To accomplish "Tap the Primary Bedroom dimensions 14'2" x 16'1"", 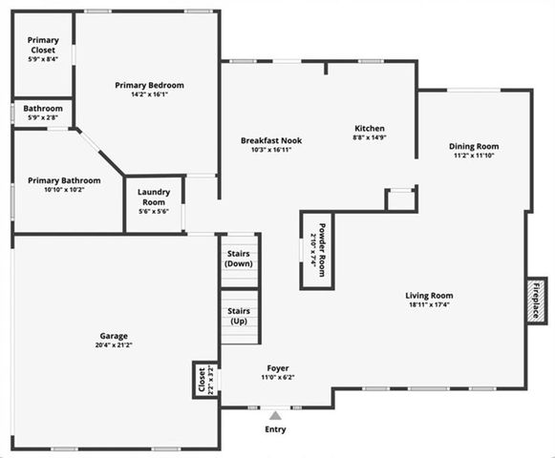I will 149,94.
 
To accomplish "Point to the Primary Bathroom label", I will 64,179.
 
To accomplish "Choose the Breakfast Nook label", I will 270,140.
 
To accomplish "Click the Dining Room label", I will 474,146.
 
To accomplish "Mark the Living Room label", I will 429,295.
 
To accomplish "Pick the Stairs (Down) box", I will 239,258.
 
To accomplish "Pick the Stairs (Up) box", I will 239,316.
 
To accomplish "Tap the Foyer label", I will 278,367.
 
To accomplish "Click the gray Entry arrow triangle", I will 275,415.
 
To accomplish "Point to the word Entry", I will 275,428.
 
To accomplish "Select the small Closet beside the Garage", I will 203,380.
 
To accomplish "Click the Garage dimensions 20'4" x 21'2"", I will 114,346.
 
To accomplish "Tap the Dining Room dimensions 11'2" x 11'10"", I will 474,156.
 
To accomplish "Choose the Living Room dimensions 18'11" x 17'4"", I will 429,305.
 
